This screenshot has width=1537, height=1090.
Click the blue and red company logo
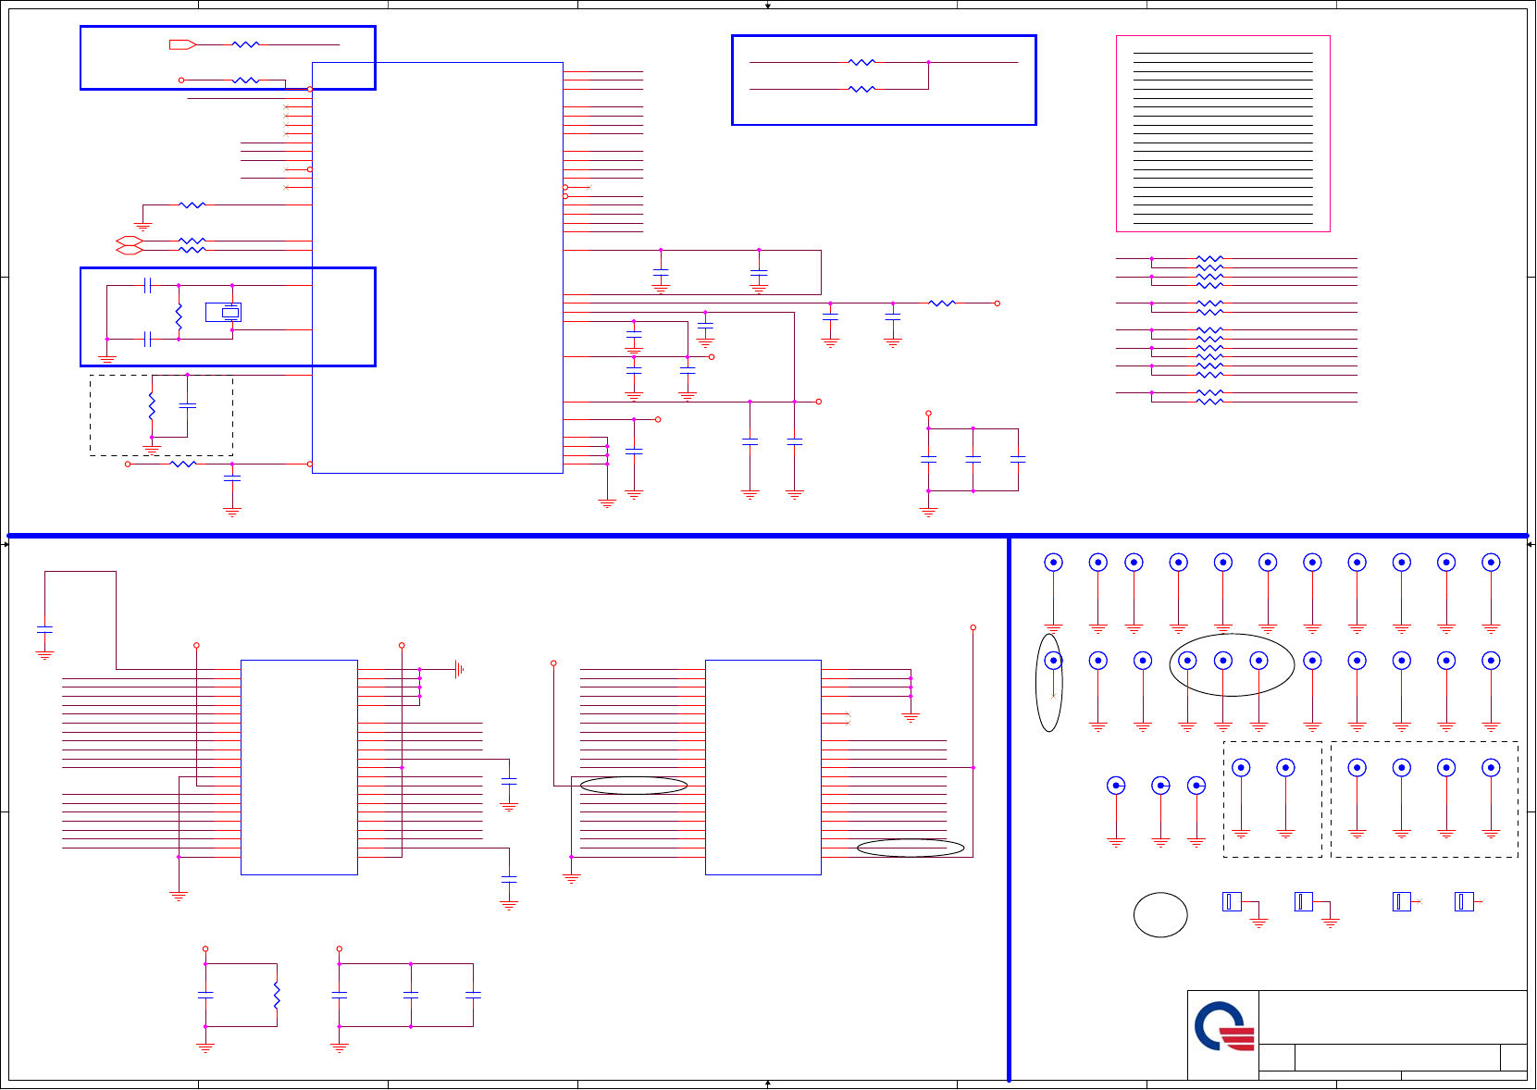[x=1223, y=1026]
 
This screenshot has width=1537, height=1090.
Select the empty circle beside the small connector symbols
[x=1160, y=915]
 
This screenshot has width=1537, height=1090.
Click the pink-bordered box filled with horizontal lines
[x=1222, y=133]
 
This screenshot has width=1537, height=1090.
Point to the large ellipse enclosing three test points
[x=1231, y=664]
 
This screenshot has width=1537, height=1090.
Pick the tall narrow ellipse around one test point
[x=1049, y=683]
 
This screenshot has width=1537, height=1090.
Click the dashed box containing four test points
[x=1424, y=799]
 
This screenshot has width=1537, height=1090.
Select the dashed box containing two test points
[x=1272, y=799]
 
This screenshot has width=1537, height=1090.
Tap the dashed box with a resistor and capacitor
[x=161, y=415]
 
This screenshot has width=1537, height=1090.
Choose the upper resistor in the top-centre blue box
[x=861, y=62]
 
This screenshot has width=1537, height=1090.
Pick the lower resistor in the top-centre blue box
[x=861, y=89]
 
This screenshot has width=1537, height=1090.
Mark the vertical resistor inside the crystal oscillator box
[x=179, y=318]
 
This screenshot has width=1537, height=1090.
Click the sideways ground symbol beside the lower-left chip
[x=458, y=669]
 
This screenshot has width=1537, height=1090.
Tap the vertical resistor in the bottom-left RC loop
[x=277, y=995]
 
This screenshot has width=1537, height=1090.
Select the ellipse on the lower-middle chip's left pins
[x=634, y=786]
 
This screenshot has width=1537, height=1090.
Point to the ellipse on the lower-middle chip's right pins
[x=911, y=848]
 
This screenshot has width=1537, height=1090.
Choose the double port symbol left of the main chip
[x=130, y=245]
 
